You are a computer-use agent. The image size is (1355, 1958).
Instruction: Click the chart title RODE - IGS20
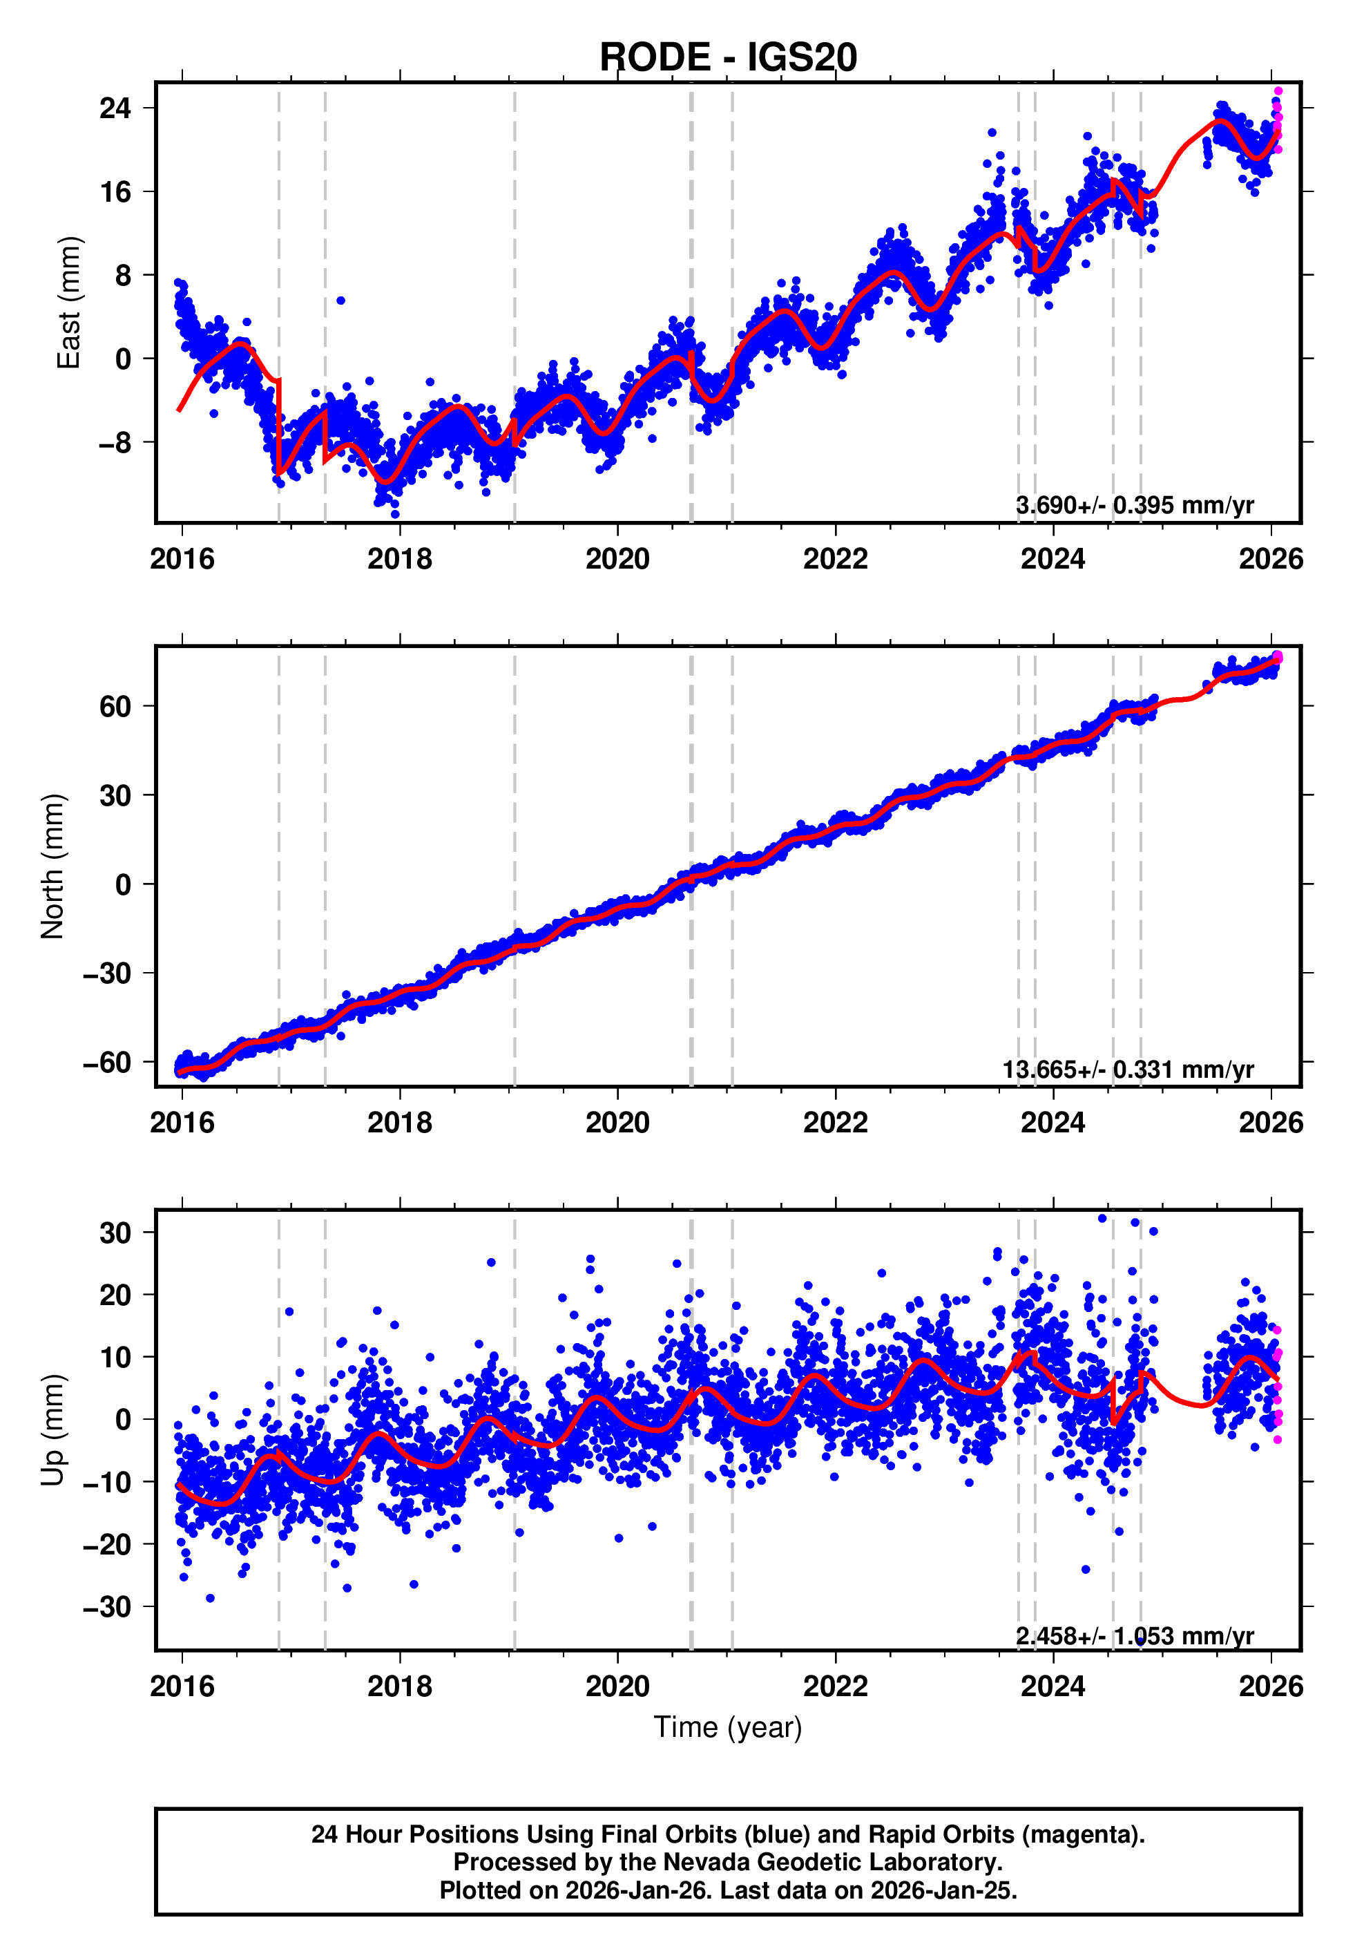(728, 58)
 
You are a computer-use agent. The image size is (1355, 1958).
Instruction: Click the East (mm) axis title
(68, 303)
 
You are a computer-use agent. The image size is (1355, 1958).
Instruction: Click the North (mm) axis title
(52, 866)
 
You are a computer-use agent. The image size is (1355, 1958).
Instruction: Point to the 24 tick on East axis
(115, 108)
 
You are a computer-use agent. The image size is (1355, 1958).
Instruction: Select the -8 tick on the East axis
(115, 442)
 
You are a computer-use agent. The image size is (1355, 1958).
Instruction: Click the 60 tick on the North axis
(115, 707)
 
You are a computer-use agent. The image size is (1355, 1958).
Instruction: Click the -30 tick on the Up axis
(107, 1606)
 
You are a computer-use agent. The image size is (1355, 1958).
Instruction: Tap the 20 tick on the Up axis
(115, 1295)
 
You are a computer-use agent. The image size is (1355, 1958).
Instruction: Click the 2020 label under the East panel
(617, 559)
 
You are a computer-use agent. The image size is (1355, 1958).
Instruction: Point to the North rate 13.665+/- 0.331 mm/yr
(1128, 1069)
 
